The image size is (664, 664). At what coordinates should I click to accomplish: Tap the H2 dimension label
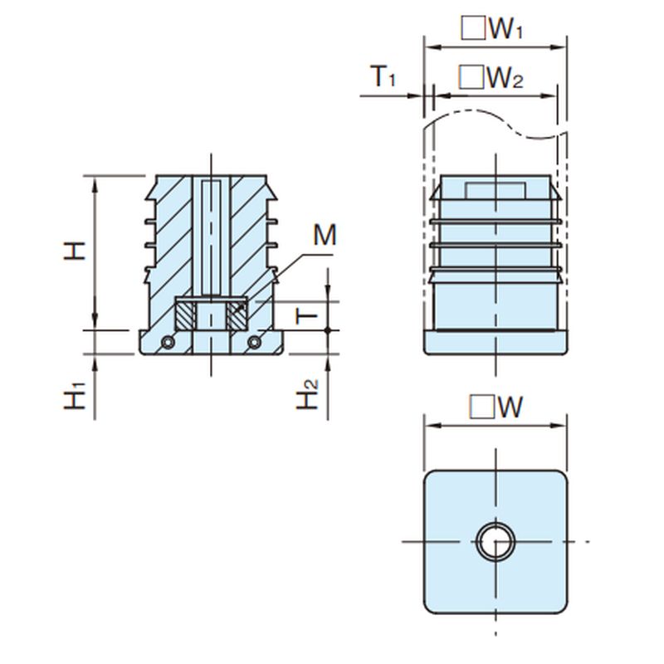point(308,394)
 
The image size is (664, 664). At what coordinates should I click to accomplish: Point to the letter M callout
point(325,236)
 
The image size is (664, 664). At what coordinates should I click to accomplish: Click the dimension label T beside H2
point(308,315)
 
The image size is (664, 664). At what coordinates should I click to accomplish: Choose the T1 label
point(383,77)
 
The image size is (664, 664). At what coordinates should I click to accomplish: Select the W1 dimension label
point(505,29)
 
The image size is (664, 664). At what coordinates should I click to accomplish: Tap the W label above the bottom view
point(509,407)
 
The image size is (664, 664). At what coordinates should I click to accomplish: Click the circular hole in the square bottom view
point(496,544)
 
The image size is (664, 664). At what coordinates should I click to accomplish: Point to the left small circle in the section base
point(168,342)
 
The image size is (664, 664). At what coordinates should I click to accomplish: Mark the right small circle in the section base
point(255,342)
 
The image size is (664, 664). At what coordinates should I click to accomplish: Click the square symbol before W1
point(474,29)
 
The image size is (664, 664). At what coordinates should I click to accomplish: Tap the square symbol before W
point(481,407)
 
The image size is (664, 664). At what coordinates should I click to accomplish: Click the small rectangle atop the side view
point(495,190)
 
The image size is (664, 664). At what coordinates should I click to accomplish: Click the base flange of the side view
point(496,342)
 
